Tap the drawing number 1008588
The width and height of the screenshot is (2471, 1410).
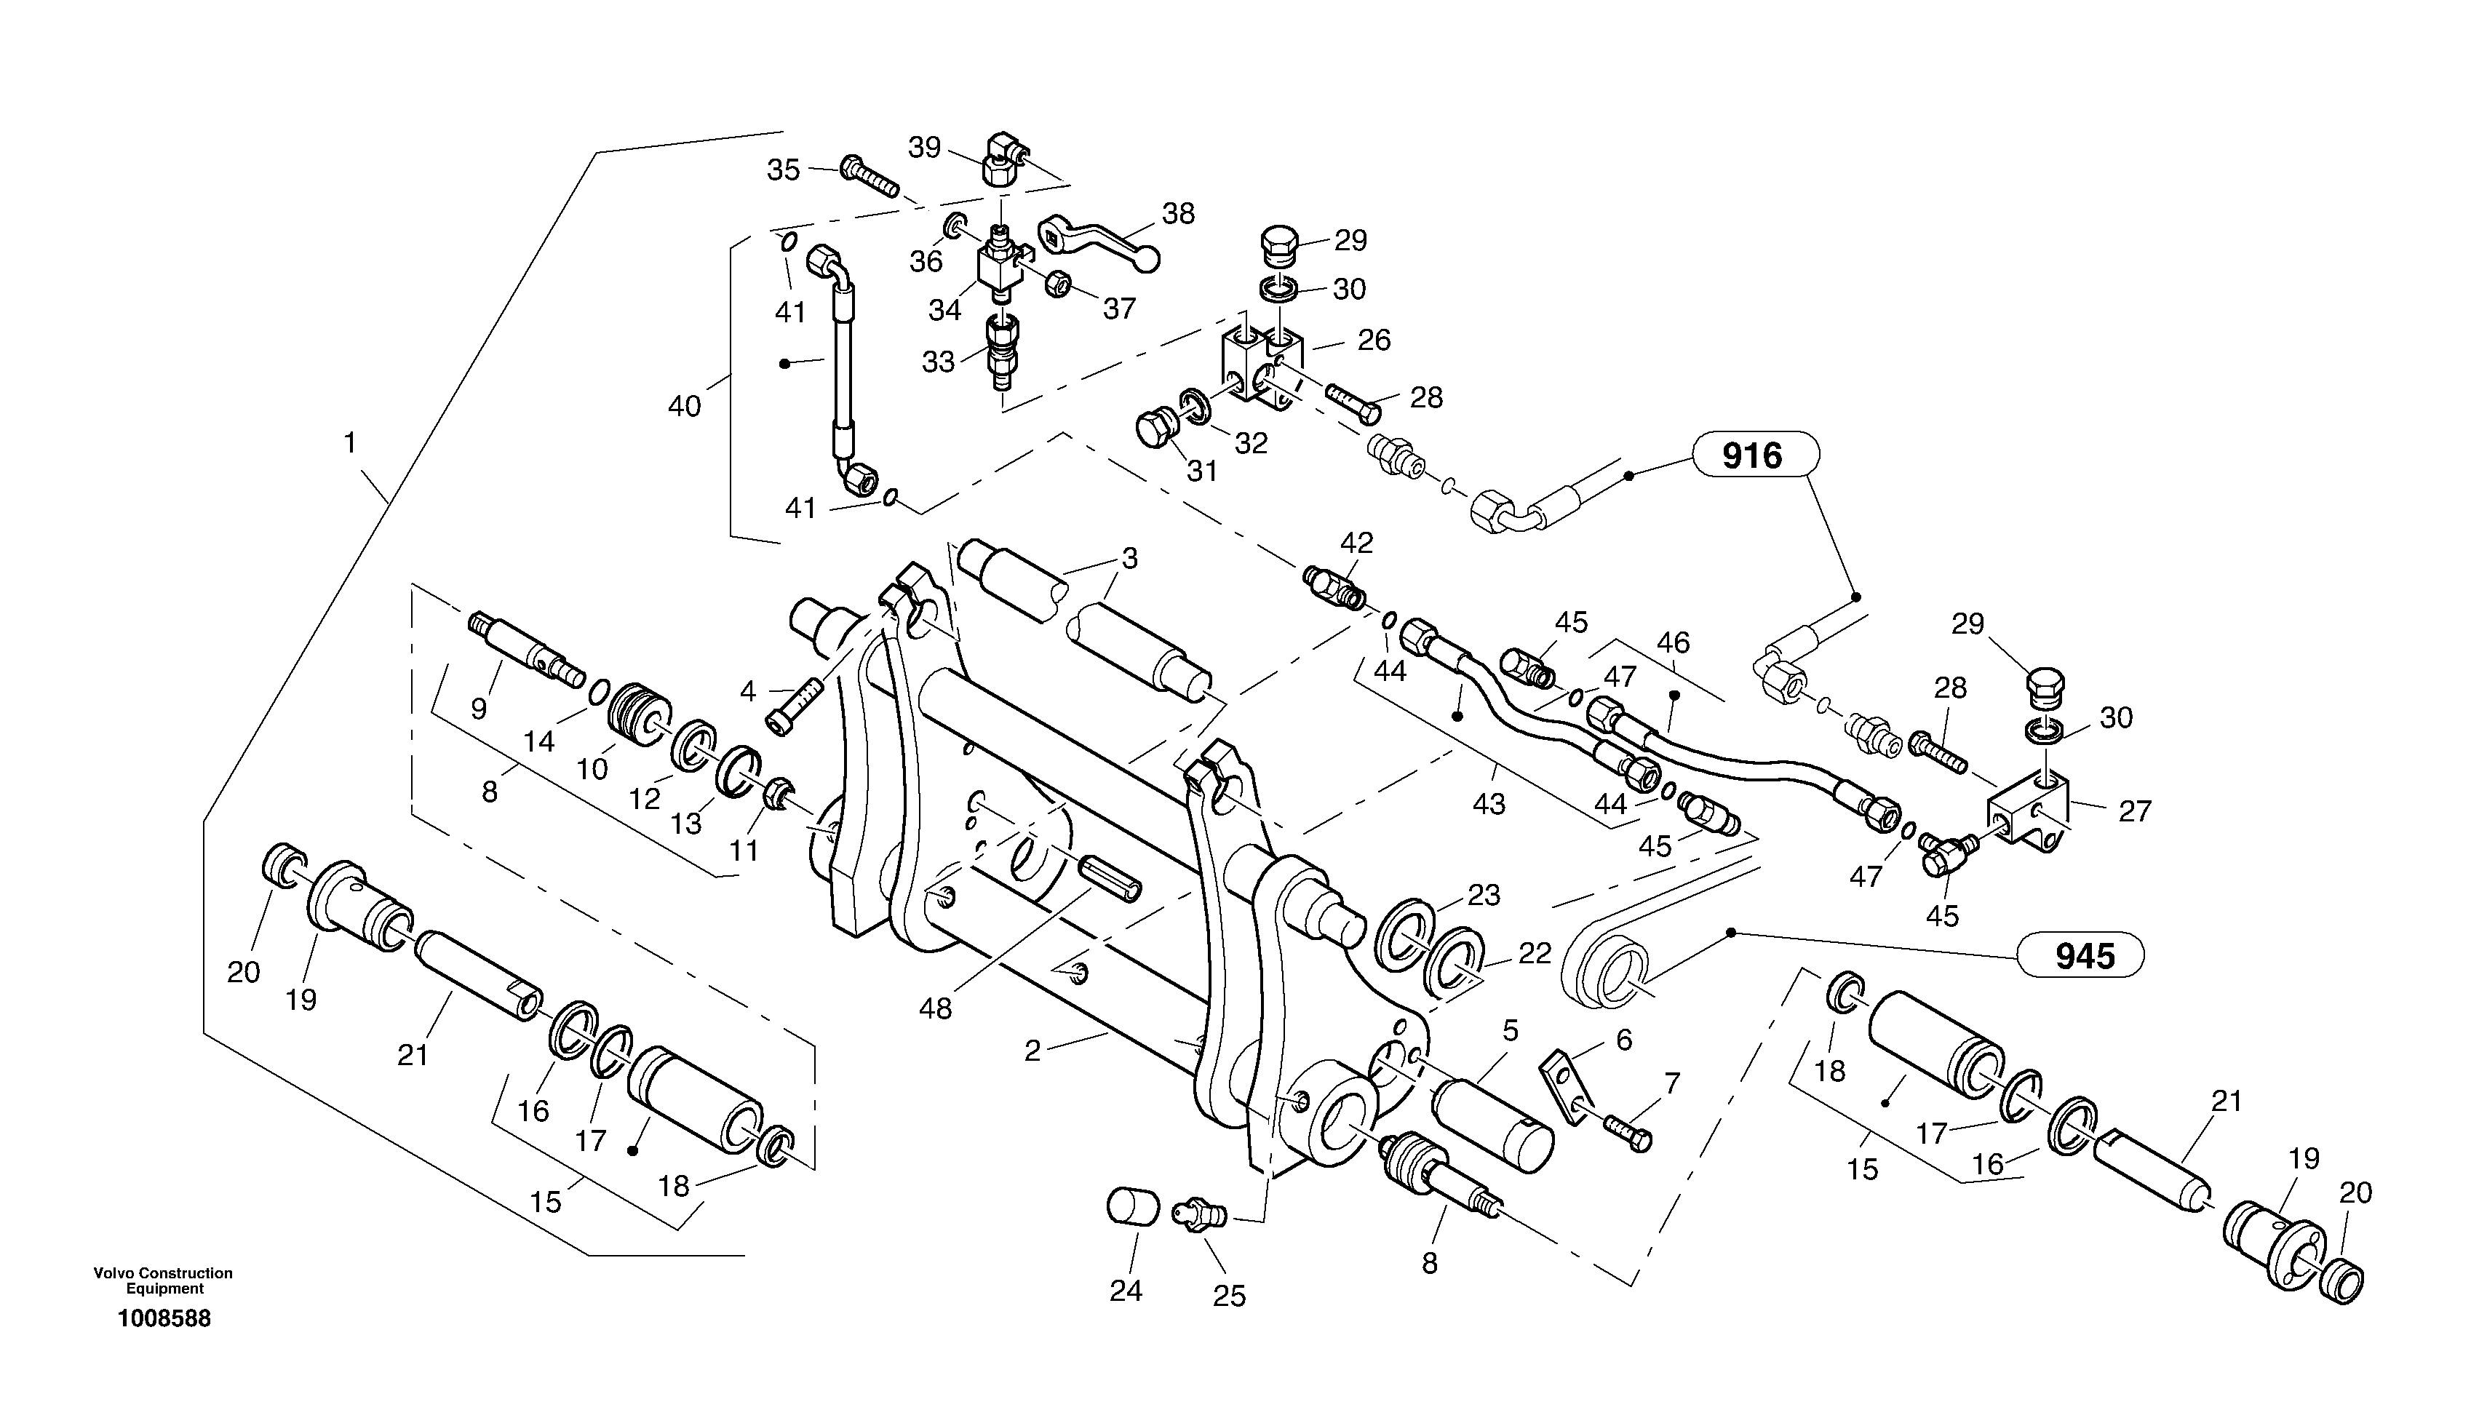(164, 1318)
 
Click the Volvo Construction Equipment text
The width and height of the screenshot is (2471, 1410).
(163, 1280)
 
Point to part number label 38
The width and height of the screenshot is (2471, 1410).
(1177, 213)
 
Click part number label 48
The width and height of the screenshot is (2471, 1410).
(935, 1008)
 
